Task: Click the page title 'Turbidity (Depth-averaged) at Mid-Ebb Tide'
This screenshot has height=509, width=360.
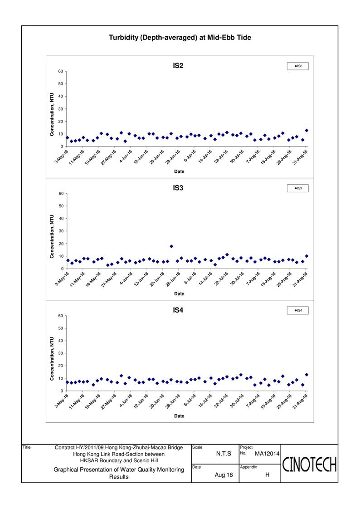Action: [x=180, y=37]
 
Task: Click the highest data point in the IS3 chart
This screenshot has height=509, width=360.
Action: [x=171, y=246]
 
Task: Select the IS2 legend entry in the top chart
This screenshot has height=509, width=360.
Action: [x=298, y=66]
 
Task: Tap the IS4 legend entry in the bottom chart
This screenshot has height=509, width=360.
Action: [x=298, y=310]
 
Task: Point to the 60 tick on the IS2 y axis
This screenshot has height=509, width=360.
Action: [x=61, y=71]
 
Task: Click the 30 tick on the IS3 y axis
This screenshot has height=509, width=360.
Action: [x=61, y=231]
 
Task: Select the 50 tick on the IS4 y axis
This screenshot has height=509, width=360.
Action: [x=61, y=328]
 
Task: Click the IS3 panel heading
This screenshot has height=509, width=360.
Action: [x=178, y=188]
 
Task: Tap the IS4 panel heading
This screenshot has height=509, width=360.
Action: [x=178, y=310]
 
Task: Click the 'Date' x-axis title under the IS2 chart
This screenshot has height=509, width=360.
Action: [x=179, y=171]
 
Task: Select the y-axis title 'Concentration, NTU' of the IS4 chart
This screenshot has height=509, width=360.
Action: [x=52, y=358]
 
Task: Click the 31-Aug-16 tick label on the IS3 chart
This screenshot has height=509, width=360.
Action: [x=300, y=279]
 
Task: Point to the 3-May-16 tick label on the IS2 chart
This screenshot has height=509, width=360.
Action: [x=62, y=157]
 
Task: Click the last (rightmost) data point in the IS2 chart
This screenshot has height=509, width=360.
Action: [x=306, y=131]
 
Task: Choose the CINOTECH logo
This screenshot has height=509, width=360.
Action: [x=309, y=464]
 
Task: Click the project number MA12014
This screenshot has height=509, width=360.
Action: [x=267, y=454]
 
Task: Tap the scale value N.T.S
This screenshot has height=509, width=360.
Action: [x=224, y=454]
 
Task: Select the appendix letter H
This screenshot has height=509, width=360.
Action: [x=267, y=475]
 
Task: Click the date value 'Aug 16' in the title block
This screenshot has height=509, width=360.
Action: [x=224, y=475]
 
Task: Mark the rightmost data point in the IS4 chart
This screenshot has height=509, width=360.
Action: [x=306, y=375]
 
